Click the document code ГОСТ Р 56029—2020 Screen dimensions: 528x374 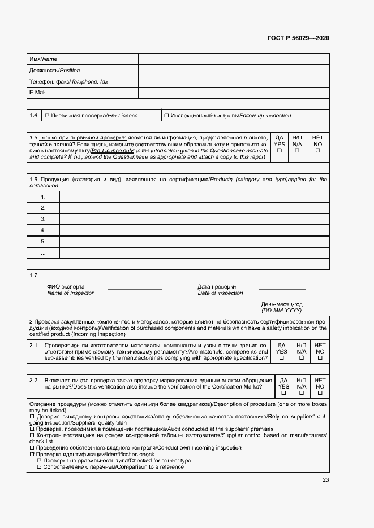298,38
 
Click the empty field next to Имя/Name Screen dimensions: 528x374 234,59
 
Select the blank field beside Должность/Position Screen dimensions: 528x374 234,71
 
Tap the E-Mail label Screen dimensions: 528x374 37,93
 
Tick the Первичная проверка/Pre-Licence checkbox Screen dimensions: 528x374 47,116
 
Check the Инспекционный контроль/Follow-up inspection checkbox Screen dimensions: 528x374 166,116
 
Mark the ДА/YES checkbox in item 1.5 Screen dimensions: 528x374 280,151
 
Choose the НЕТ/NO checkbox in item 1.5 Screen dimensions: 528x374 318,151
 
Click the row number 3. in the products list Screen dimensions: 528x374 43,219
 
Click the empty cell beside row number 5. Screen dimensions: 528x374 194,242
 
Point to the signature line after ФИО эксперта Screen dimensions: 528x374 135,289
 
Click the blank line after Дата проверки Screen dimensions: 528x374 282,289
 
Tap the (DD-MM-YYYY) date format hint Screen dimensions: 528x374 282,311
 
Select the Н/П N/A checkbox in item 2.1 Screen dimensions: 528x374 301,358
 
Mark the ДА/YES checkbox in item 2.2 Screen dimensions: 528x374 283,393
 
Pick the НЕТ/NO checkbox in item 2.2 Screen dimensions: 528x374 320,393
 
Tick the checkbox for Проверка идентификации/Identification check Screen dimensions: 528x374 32,455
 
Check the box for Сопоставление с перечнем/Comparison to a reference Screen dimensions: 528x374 39,467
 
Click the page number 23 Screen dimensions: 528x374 325,480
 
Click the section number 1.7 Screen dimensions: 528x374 33,276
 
